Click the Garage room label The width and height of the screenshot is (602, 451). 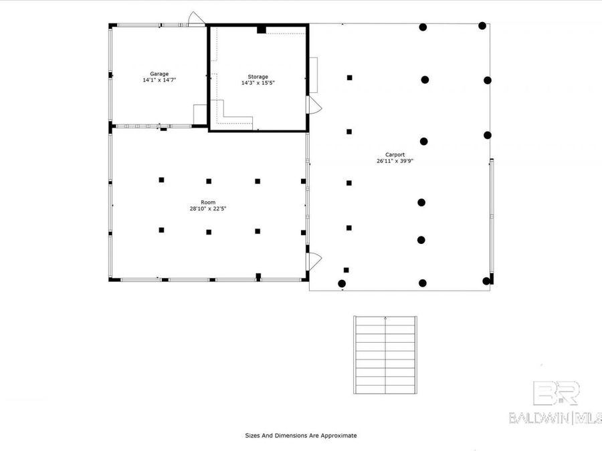[159, 73]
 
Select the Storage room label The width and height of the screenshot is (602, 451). [254, 77]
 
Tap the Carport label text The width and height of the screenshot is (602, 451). [390, 154]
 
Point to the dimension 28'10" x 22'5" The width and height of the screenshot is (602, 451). [207, 208]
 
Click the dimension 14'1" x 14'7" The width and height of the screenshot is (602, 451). [159, 80]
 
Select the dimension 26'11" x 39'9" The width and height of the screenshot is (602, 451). [390, 161]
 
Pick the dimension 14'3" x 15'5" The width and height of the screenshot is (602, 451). [254, 84]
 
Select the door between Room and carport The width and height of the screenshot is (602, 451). [314, 261]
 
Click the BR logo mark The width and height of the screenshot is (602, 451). [556, 394]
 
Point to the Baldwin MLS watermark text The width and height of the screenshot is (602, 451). [555, 418]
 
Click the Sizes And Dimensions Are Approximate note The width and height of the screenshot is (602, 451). [300, 436]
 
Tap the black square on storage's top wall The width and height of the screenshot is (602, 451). [262, 29]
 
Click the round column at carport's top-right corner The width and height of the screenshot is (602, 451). [482, 26]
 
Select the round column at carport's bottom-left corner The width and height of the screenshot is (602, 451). [342, 283]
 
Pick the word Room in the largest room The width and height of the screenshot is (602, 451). [207, 202]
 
